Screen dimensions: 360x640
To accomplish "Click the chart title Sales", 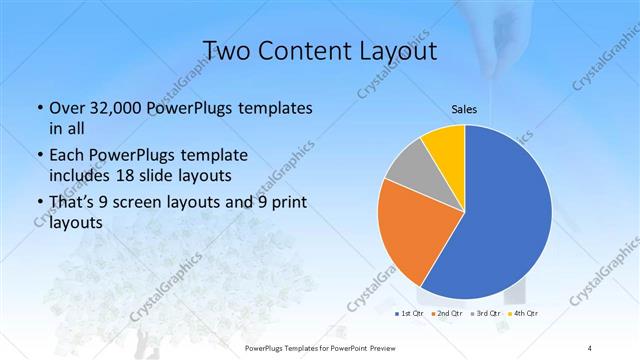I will tap(463, 109).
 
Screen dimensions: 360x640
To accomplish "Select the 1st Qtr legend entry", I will tap(411, 313).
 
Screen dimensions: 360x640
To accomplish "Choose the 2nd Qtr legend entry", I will tap(446, 313).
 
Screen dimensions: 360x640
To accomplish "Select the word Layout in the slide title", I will tap(398, 49).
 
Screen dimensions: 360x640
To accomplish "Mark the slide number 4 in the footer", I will tap(589, 347).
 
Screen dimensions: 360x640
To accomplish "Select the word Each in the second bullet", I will tap(66, 156).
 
